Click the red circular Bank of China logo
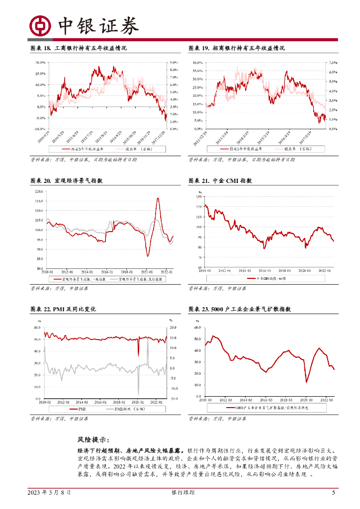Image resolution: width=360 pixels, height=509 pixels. click(39, 25)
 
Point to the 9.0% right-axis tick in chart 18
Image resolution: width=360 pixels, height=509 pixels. click(174, 62)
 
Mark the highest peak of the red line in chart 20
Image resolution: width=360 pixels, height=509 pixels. click(158, 198)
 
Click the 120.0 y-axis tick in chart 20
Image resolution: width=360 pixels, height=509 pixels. click(39, 191)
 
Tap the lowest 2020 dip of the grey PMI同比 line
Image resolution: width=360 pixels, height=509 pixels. click(139, 393)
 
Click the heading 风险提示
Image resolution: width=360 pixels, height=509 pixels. click(93, 439)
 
